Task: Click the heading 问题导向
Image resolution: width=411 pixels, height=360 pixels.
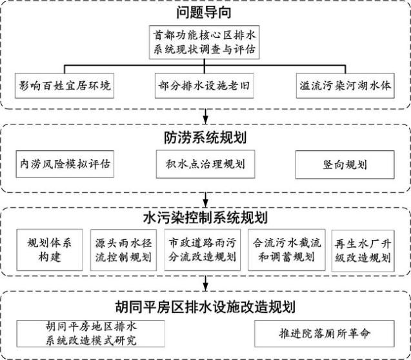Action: (x=205, y=12)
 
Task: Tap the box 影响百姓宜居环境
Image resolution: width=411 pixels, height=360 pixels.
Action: (x=64, y=85)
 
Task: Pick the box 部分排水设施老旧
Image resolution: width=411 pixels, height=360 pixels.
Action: (x=205, y=85)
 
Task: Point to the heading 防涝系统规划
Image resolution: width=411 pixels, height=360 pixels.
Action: (x=205, y=138)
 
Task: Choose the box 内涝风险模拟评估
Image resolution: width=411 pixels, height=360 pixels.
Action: (x=64, y=165)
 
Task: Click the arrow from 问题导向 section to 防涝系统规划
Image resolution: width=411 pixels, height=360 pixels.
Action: (x=205, y=116)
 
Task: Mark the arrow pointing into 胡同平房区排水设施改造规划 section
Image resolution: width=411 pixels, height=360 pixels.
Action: (x=205, y=282)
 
